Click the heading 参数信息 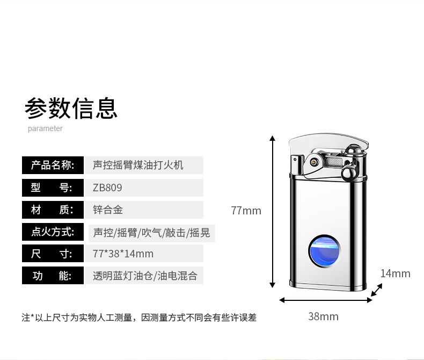(x=71, y=107)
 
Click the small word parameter (x=45, y=128)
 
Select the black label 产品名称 (x=52, y=165)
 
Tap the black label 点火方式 (x=52, y=232)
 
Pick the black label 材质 (x=52, y=210)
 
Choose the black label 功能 (x=52, y=276)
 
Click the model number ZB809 (x=107, y=188)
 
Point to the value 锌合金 (x=108, y=210)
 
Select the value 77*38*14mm (x=123, y=254)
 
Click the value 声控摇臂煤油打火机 (x=138, y=165)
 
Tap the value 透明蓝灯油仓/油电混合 (x=145, y=276)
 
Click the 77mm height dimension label (x=246, y=211)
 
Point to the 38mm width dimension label (x=323, y=316)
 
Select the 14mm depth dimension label (x=395, y=273)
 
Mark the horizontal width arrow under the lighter (x=325, y=300)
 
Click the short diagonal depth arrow (x=377, y=290)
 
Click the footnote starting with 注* (x=139, y=318)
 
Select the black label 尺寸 (x=52, y=254)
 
